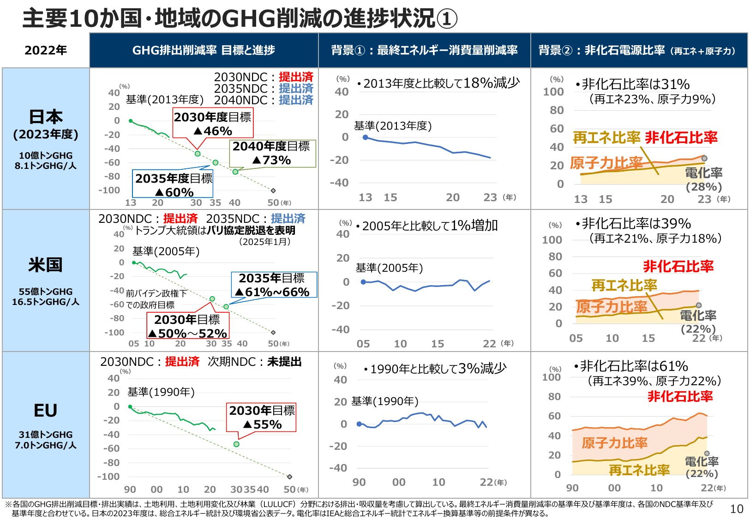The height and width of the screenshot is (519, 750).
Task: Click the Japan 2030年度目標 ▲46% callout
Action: (x=213, y=124)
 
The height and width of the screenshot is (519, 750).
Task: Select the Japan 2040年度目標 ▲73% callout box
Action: (x=272, y=153)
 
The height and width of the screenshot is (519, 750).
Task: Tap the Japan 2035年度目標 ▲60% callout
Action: (x=174, y=185)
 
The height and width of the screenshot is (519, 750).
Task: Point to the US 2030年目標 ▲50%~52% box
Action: (x=187, y=326)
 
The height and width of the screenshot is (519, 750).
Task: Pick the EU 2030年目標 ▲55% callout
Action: (x=262, y=417)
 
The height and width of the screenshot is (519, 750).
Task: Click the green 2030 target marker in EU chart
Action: (x=236, y=444)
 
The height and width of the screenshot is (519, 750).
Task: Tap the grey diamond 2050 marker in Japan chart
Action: (x=273, y=191)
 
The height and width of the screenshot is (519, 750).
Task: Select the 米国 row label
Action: (x=46, y=265)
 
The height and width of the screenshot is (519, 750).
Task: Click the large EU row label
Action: (x=46, y=411)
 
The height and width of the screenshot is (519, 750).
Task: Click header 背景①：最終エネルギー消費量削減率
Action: (x=424, y=50)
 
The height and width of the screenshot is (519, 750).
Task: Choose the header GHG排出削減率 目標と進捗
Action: (x=204, y=50)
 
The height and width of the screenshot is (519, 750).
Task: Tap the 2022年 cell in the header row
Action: (x=46, y=50)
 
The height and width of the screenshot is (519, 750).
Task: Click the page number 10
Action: (x=737, y=509)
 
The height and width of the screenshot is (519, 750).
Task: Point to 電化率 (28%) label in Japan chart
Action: (x=704, y=179)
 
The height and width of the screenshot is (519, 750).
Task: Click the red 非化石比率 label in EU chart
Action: (x=680, y=396)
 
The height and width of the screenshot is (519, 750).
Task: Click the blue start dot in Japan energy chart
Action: (x=366, y=137)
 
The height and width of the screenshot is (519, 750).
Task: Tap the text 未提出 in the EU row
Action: (x=284, y=362)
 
